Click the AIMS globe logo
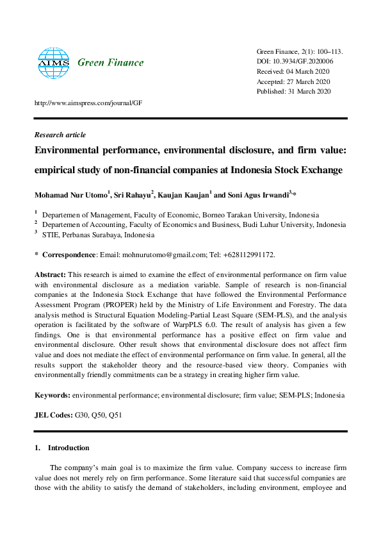[x=53, y=62]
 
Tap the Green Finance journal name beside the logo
[x=110, y=63]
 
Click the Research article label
[x=59, y=135]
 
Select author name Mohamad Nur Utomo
[x=72, y=194]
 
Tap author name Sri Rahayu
[x=132, y=194]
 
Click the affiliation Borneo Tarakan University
[x=243, y=215]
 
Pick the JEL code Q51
[x=115, y=416]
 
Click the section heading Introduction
[x=69, y=448]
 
